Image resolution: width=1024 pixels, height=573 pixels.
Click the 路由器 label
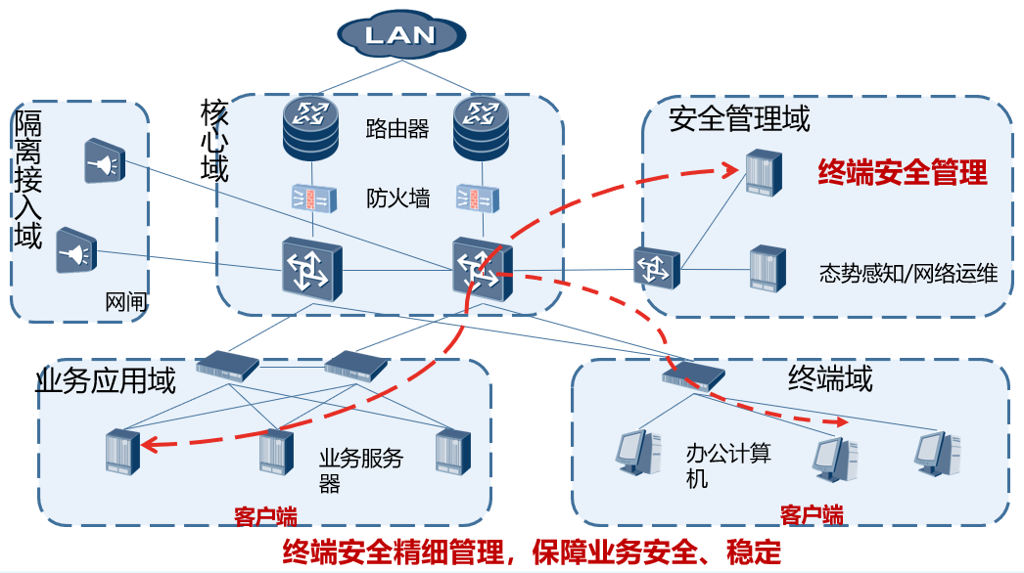tap(397, 129)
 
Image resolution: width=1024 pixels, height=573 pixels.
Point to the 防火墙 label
tap(397, 198)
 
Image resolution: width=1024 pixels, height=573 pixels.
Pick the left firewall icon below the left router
tap(311, 198)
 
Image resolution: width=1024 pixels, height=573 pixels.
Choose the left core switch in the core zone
tap(311, 266)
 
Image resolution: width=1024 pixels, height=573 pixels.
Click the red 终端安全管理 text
tap(903, 173)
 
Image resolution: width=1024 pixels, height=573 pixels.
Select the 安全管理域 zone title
tap(739, 119)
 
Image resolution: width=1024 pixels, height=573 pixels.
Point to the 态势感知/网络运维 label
tap(908, 274)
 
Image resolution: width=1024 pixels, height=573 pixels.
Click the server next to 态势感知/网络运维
tap(768, 270)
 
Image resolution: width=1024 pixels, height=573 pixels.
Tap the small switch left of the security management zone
tap(655, 267)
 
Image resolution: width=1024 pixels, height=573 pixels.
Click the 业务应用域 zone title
tap(106, 380)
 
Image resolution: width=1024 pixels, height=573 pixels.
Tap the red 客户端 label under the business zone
tap(265, 516)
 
